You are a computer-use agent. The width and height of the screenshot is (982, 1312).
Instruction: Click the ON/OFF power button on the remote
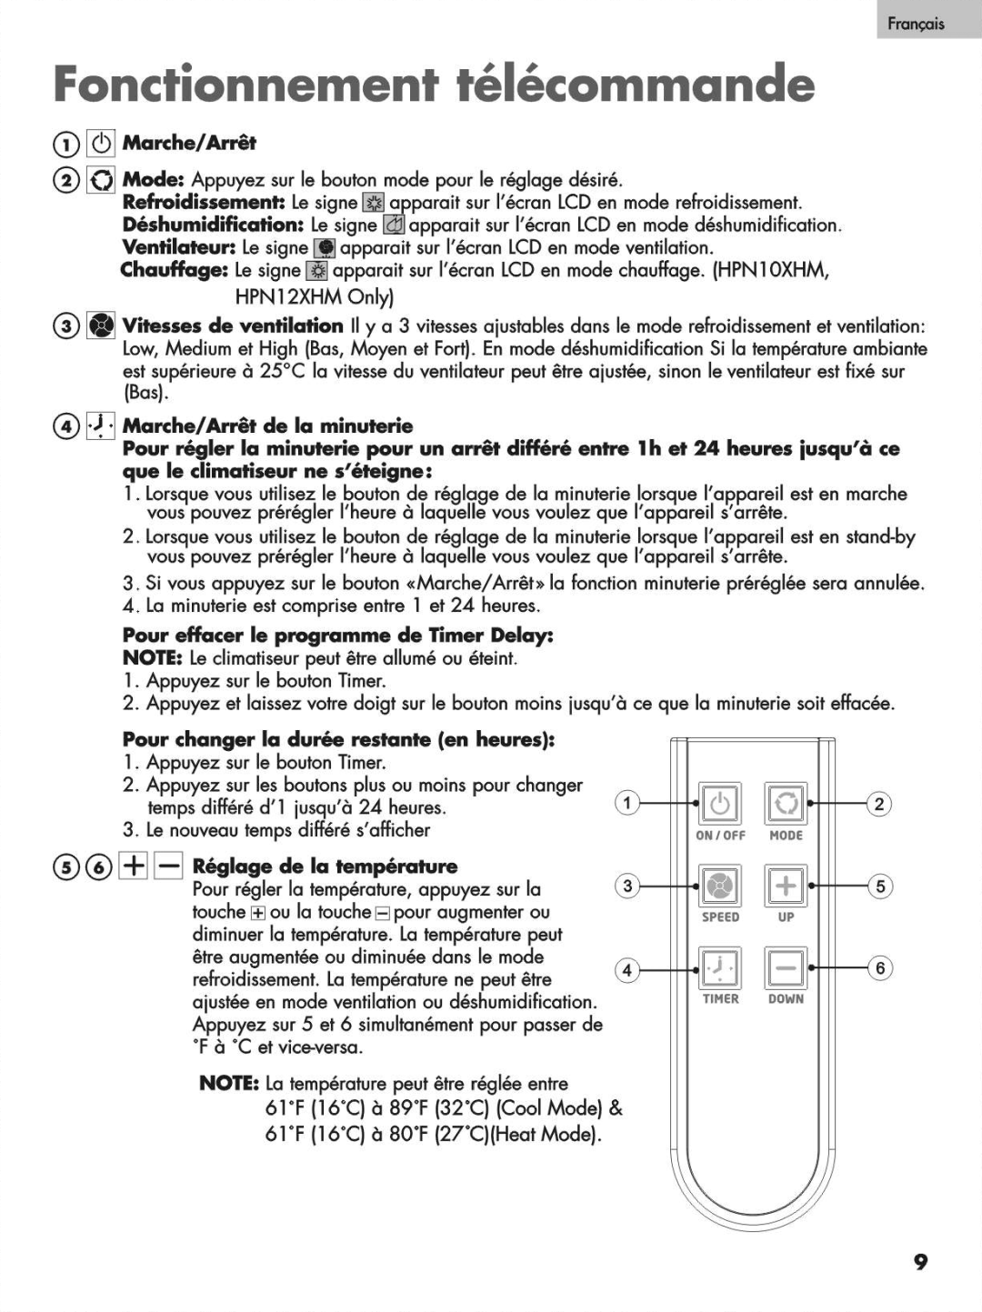[719, 804]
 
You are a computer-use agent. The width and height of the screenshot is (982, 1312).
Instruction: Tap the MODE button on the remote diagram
[785, 804]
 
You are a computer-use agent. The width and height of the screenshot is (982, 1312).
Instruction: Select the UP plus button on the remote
[785, 886]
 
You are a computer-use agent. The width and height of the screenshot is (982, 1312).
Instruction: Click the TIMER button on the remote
[719, 967]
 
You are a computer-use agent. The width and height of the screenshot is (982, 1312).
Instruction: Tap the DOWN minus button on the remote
[785, 967]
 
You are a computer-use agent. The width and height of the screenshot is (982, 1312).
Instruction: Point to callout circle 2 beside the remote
[879, 804]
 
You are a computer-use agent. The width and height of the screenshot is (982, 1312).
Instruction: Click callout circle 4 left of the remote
[626, 970]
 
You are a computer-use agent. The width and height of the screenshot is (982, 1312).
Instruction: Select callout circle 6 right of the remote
[879, 968]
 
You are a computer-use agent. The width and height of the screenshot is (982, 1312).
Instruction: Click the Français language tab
[917, 24]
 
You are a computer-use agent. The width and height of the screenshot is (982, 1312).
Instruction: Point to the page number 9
[920, 1262]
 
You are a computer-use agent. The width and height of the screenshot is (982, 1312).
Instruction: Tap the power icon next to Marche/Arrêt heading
[101, 144]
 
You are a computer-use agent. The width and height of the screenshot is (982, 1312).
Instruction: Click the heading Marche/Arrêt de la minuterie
[267, 426]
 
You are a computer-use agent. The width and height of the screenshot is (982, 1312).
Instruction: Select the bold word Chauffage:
[174, 270]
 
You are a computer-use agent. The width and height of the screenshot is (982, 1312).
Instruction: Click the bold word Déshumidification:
[213, 225]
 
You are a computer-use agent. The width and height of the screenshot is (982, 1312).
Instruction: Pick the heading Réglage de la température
[325, 866]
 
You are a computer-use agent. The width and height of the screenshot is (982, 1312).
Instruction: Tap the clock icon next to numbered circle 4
[100, 426]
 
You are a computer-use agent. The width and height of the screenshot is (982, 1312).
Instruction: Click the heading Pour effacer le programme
[337, 635]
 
